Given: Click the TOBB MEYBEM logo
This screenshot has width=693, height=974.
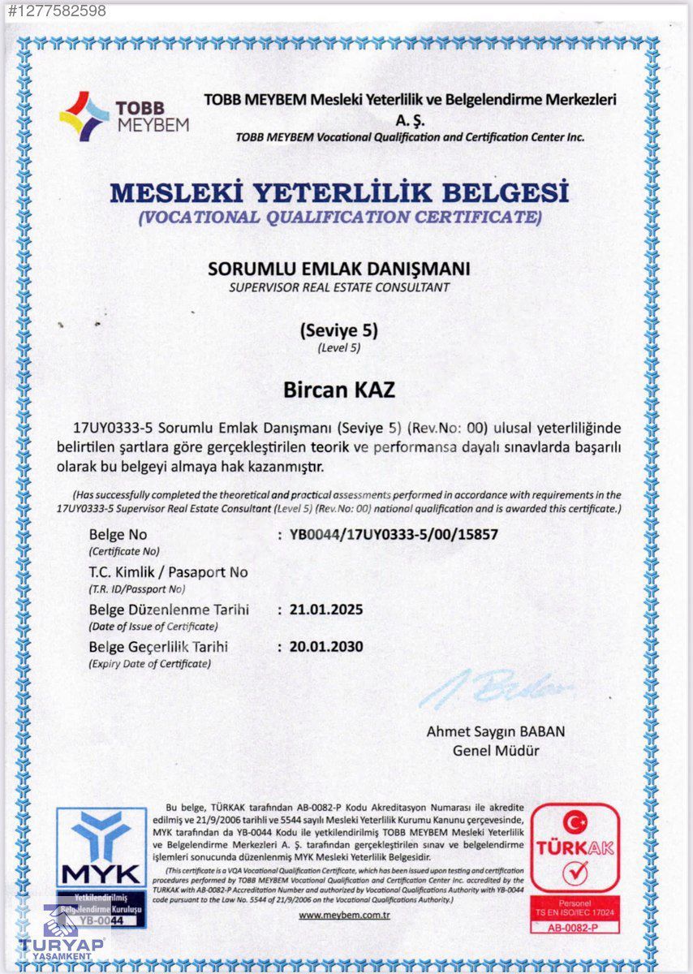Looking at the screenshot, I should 123,117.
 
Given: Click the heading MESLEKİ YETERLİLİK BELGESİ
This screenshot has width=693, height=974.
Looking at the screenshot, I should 339,192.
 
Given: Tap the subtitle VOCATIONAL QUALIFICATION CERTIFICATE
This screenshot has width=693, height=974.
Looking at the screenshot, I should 339,217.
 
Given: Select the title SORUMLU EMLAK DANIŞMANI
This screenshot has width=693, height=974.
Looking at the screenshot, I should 339,269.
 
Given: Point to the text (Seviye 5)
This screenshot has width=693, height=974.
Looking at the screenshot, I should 339,331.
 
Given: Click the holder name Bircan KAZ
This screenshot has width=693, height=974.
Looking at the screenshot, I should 339,390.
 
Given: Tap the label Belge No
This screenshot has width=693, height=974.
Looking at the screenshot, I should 118,535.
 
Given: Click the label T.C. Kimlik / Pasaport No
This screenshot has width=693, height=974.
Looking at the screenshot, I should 168,572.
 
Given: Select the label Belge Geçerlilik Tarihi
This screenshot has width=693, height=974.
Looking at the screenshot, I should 158,647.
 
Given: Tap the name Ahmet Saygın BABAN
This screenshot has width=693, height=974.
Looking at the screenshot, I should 496,731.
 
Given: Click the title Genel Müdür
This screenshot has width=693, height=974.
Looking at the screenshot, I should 496,751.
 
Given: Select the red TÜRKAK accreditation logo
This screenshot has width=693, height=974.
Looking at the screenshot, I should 575,849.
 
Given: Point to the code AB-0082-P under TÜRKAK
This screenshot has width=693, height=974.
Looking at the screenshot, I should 575,928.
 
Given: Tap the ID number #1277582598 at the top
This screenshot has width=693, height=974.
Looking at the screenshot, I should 53,11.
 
